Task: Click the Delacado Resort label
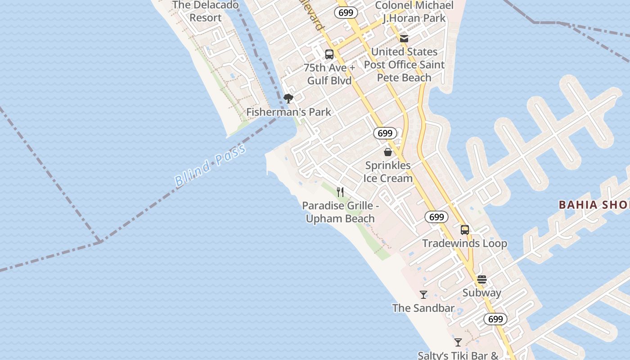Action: tap(205, 12)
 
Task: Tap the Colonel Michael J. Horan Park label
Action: tap(414, 12)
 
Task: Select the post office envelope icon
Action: tap(404, 39)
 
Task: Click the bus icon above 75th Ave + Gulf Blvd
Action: tap(329, 54)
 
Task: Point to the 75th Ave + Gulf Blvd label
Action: tap(329, 74)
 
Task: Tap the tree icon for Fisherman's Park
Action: tap(288, 99)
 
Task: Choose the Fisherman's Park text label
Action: tap(288, 112)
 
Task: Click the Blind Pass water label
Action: tap(210, 166)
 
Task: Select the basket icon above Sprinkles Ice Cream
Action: tap(388, 152)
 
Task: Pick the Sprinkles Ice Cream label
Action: tap(388, 172)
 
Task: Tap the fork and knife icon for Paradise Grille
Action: tap(340, 192)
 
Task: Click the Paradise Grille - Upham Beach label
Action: tap(340, 212)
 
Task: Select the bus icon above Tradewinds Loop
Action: tap(465, 230)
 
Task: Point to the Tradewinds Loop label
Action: tap(465, 243)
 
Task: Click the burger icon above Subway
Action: tap(482, 279)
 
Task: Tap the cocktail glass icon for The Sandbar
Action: tap(423, 295)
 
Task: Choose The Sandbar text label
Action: tap(423, 308)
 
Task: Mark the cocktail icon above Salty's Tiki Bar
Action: tap(458, 342)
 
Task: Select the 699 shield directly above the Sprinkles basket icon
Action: tap(385, 133)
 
